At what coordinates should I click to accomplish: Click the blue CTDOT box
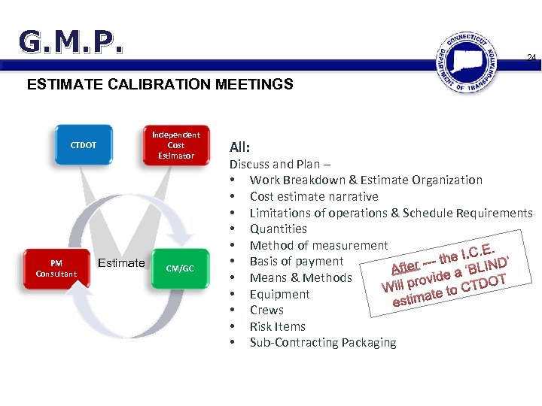tap(84, 145)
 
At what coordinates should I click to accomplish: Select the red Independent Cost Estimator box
tap(176, 145)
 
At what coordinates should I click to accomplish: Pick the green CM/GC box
tap(179, 268)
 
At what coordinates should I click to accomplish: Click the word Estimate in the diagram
tap(121, 262)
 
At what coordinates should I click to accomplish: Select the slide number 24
tap(531, 58)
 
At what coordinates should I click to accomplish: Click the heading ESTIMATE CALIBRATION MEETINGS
tap(160, 85)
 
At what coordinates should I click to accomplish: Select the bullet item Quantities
tap(279, 229)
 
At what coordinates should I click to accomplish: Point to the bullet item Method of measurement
tap(318, 245)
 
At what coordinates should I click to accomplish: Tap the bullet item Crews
tap(266, 310)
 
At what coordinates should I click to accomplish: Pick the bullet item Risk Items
tap(278, 326)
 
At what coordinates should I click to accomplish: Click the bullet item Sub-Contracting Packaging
tap(323, 343)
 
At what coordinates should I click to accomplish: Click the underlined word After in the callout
tap(405, 266)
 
